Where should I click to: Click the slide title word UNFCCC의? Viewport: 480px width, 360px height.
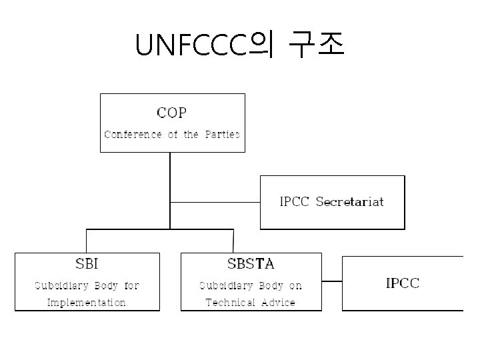tap(205, 45)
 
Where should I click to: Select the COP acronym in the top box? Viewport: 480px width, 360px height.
tap(171, 112)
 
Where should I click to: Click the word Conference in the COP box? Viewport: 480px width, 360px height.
tap(133, 134)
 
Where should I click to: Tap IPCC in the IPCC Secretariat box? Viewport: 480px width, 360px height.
tap(294, 201)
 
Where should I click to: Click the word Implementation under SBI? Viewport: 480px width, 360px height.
tap(87, 303)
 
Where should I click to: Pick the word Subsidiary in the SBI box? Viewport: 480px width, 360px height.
tap(59, 286)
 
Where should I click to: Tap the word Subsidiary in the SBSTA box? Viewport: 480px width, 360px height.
tap(225, 286)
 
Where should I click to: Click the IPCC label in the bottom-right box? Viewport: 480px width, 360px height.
tap(403, 283)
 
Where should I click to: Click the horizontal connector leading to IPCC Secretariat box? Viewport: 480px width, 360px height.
tap(215, 201)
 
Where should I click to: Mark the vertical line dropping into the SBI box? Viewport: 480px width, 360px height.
tap(87, 241)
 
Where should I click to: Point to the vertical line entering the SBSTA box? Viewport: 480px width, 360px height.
tap(233, 241)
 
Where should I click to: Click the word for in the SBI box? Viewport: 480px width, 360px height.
tap(131, 286)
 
